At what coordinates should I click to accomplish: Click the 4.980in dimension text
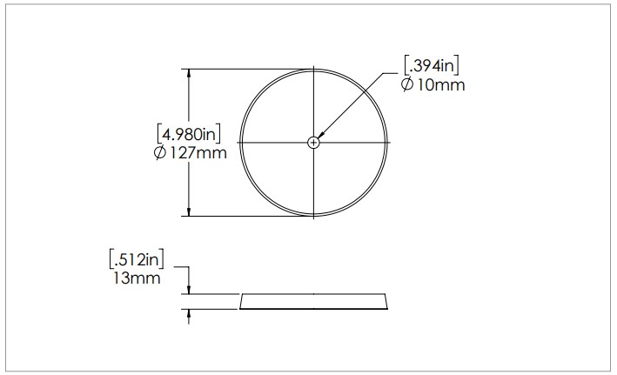click(x=189, y=134)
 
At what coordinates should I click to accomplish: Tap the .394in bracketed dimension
click(x=432, y=66)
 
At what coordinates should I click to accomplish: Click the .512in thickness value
click(x=137, y=259)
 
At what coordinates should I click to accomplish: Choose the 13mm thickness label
click(x=137, y=278)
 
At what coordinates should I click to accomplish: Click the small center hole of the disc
click(x=313, y=143)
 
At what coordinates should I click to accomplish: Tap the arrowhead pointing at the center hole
click(x=321, y=135)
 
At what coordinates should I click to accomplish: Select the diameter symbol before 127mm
click(x=160, y=152)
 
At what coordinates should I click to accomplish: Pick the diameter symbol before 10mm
click(x=407, y=84)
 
